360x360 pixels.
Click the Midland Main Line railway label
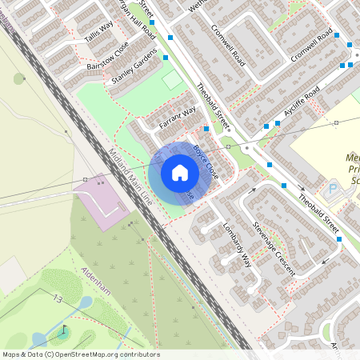pyautogui.click(x=132, y=178)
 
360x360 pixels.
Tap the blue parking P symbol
pyautogui.click(x=332, y=190)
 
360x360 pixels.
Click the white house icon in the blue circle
pyautogui.click(x=180, y=173)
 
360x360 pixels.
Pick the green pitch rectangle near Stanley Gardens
pyautogui.click(x=173, y=81)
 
